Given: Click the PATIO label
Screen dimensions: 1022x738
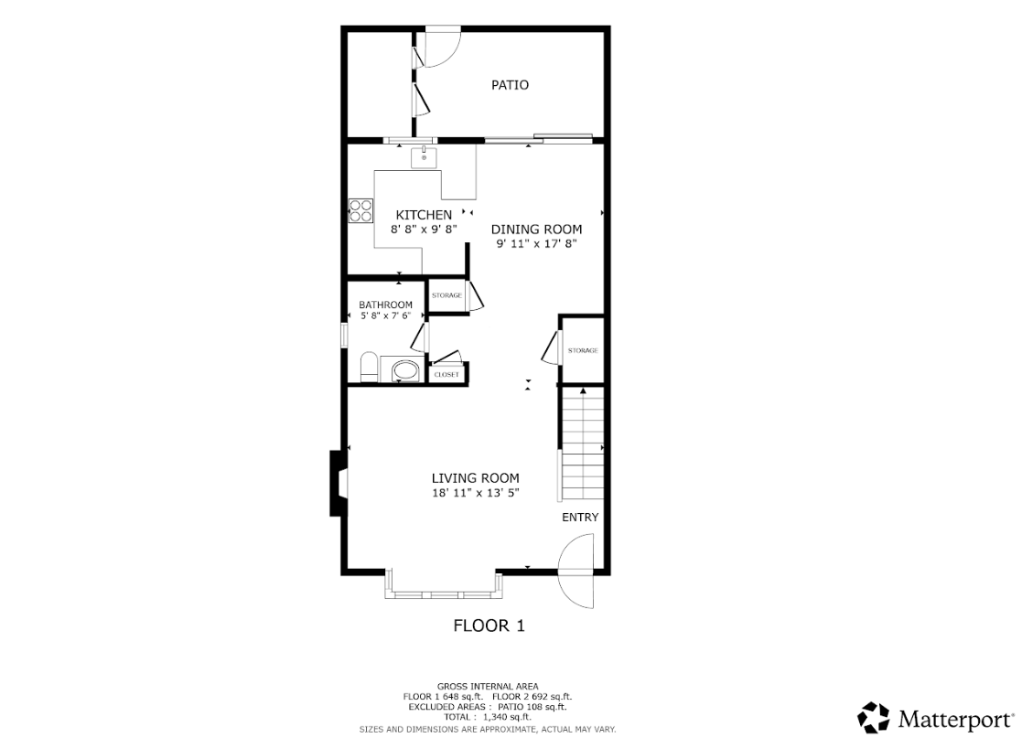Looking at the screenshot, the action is pos(510,85).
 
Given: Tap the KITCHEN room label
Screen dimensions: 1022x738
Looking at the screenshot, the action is pos(424,214).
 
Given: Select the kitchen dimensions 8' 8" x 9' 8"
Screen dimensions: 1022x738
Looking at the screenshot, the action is pos(424,230).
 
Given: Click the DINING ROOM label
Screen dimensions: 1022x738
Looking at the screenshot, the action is pos(536,229).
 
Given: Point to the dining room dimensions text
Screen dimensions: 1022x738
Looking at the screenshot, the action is pos(536,243).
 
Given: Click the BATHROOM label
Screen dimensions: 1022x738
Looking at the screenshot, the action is pos(386,305).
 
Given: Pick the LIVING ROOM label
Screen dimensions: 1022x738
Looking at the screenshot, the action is pos(475,478).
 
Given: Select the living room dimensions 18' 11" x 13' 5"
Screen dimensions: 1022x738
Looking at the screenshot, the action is pos(475,492).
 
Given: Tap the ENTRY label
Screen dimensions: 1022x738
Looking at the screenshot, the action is pos(580,517).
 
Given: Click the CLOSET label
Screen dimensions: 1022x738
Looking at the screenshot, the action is pos(446,375).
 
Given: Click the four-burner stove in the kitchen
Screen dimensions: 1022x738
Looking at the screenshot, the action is pos(360,210).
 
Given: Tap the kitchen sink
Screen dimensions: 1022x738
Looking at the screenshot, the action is pos(424,157).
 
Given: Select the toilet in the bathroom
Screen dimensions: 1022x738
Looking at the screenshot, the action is pos(369,368).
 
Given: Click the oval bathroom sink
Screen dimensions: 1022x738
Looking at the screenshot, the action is pos(405,370).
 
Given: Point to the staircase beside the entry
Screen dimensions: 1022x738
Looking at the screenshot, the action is pos(582,443).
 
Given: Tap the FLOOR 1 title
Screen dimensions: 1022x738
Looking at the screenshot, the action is pos(489,626).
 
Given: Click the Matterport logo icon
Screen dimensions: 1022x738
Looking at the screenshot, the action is pos(874,717).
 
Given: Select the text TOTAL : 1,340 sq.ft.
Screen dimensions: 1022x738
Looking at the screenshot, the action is pos(488,716).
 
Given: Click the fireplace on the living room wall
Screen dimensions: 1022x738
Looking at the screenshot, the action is pos(339,484).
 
